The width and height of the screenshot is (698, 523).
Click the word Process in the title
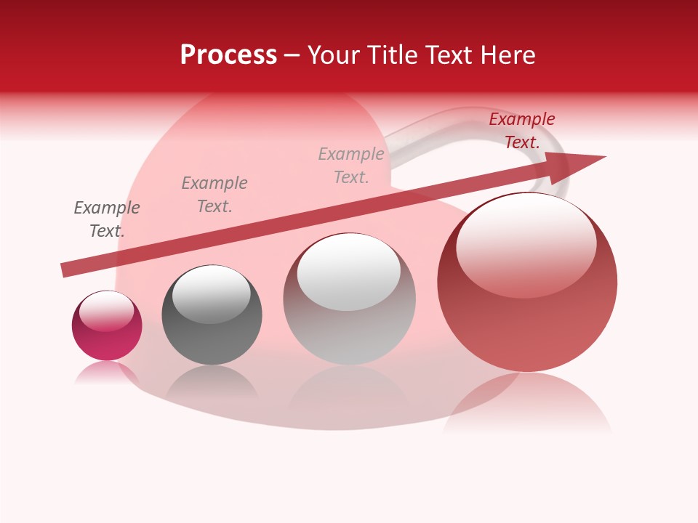[228, 55]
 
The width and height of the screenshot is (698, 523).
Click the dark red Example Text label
[521, 131]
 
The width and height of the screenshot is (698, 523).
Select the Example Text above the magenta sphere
[107, 219]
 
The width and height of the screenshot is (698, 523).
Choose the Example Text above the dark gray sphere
[214, 194]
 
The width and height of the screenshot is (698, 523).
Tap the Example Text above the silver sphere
[351, 165]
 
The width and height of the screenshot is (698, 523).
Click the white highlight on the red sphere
[526, 246]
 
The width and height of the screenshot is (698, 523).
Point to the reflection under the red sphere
[527, 403]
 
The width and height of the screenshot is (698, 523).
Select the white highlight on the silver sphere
[349, 271]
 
